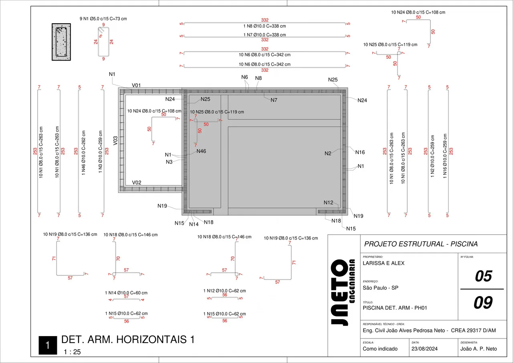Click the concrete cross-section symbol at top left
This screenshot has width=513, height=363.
click(61, 42)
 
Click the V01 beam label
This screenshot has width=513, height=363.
click(137, 85)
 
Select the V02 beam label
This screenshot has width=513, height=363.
click(137, 183)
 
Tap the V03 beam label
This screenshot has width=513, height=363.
click(115, 140)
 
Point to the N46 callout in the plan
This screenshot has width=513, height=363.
click(201, 151)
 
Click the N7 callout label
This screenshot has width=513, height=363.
click(274, 100)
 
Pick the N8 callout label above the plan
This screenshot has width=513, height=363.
click(259, 78)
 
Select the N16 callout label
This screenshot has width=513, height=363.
click(360, 152)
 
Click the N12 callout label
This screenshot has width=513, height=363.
click(329, 203)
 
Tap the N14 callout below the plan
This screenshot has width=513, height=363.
click(194, 224)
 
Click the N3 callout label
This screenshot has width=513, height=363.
click(169, 162)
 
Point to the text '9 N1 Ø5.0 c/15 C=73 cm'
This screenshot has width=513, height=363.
click(103, 19)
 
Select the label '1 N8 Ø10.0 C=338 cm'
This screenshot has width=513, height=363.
click(265, 26)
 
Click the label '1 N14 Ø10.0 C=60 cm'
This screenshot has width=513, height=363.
click(126, 293)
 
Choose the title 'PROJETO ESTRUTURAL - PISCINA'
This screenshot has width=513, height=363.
click(421, 244)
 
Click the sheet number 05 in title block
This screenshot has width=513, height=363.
click(483, 276)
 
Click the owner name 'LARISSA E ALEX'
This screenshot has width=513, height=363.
click(384, 264)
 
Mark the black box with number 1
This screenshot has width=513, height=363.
click(47, 345)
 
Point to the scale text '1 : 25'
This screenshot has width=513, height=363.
click(72, 352)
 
